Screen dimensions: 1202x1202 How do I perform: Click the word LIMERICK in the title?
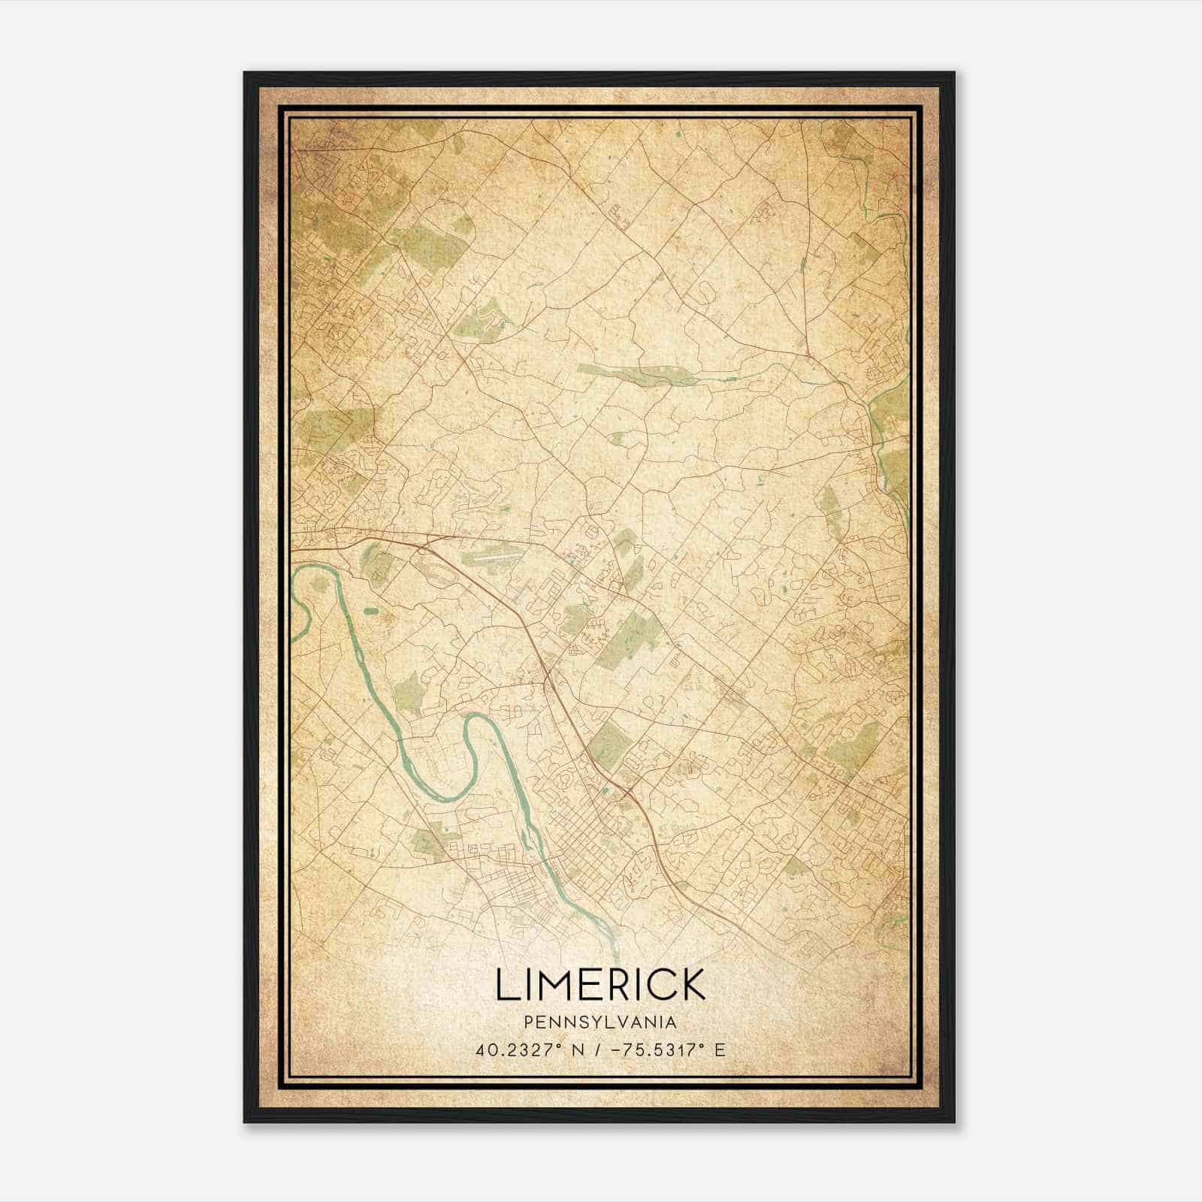point(600,985)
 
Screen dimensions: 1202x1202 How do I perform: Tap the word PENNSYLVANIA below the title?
point(600,1022)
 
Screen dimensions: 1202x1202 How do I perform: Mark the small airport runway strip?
point(488,560)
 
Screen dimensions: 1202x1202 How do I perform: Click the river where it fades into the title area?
point(615,948)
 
